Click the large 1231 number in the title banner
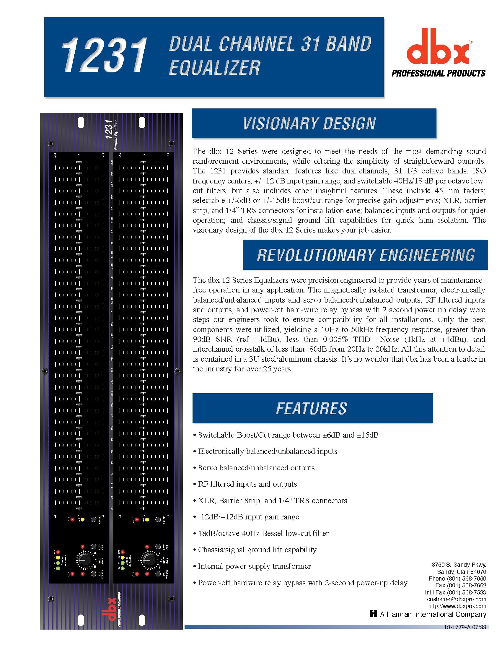tap(104, 56)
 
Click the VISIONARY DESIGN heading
tap(309, 123)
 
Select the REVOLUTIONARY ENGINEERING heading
tap(366, 255)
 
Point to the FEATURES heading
tap(311, 408)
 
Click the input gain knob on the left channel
tap(84, 560)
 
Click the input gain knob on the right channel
tap(149, 560)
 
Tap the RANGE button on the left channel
tap(94, 519)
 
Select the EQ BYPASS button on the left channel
tap(94, 573)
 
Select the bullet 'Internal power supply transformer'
tap(254, 566)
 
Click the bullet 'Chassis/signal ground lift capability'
tap(257, 550)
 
